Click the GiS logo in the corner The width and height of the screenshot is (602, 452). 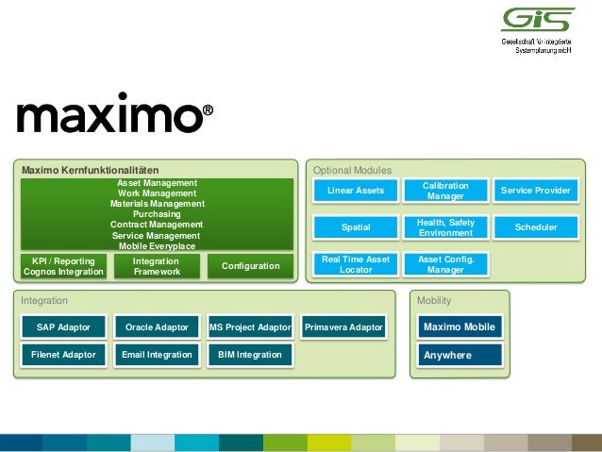(535, 21)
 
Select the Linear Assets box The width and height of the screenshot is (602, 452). (356, 191)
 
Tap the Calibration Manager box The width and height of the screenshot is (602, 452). (445, 191)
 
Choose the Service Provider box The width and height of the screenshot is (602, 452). (535, 191)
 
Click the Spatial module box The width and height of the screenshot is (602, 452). (356, 227)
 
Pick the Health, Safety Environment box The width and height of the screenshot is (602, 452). (445, 227)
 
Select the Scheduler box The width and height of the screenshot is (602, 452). (535, 227)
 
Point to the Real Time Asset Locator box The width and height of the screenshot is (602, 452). (356, 264)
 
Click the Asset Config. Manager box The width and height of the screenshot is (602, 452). (445, 264)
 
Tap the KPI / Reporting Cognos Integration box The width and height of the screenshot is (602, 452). (63, 266)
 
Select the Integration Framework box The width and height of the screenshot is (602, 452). (156, 266)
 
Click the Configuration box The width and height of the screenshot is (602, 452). (250, 266)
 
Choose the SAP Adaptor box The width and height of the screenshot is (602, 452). (63, 327)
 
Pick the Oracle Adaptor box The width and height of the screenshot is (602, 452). (157, 327)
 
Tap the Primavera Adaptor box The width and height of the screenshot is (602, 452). (343, 327)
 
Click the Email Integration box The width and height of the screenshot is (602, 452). (157, 355)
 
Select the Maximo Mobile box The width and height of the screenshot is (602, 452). (459, 327)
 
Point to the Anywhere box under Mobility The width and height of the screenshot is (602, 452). (459, 356)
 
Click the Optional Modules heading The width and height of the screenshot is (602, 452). (352, 170)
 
